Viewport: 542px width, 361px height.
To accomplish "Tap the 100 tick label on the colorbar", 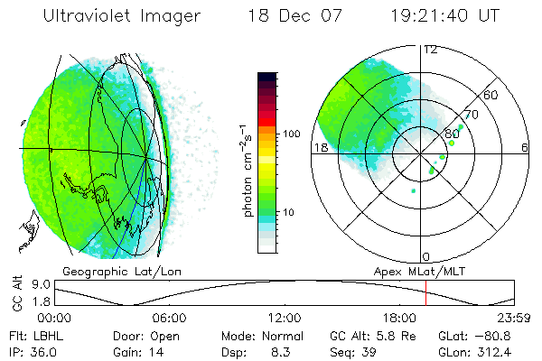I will coord(290,134).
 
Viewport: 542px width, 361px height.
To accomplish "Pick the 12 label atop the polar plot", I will coord(431,50).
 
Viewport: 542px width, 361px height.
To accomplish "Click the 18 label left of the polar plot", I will coord(320,147).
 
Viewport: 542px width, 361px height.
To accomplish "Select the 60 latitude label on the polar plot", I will coord(491,95).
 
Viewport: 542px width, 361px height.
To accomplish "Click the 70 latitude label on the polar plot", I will coord(469,116).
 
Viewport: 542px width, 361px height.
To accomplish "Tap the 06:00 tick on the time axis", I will coord(169,318).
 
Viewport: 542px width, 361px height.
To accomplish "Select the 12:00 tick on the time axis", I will coord(285,318).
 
